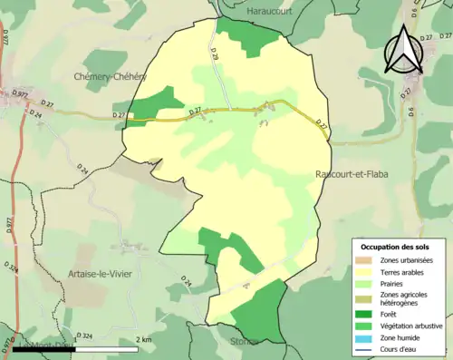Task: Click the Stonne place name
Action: tap(243, 342)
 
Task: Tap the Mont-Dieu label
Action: tap(35, 344)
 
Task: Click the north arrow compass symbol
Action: tap(402, 50)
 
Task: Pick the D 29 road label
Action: tap(216, 54)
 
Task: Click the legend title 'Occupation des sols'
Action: tap(397, 247)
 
